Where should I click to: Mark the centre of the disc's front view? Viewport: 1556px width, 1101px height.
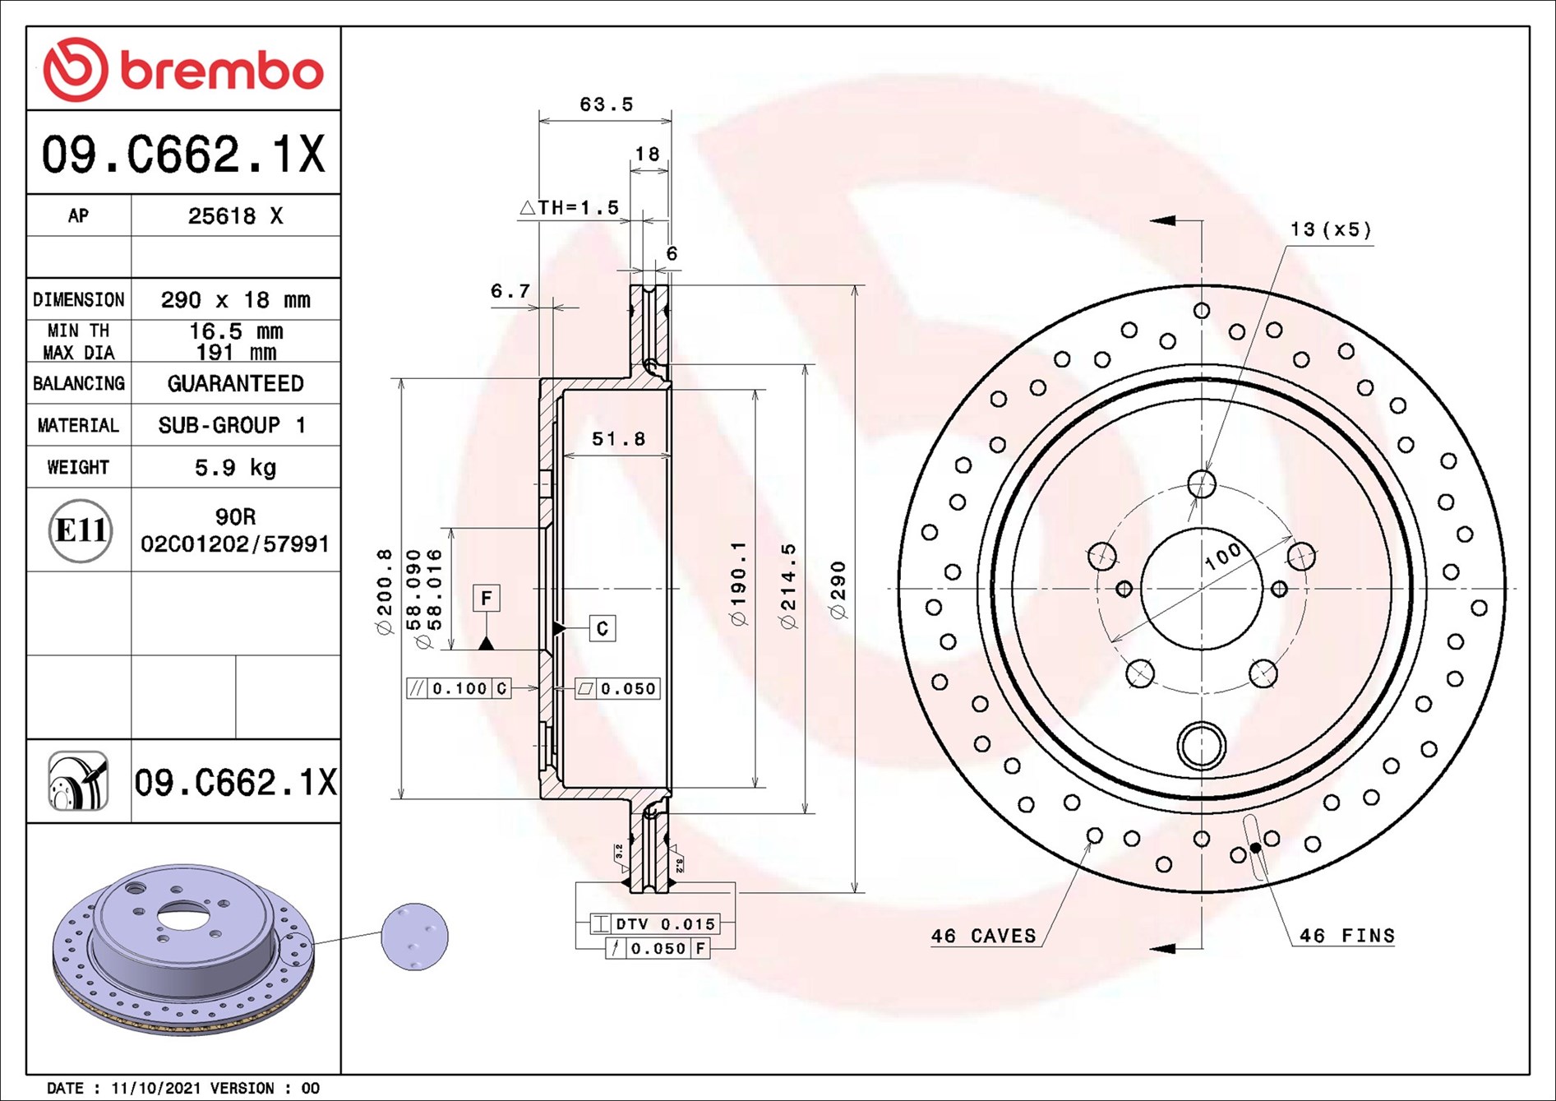(1202, 589)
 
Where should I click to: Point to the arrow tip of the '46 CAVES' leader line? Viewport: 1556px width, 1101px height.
(1091, 841)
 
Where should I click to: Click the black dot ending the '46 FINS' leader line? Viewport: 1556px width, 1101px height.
(1255, 848)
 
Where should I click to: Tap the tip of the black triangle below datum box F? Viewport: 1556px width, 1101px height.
(487, 636)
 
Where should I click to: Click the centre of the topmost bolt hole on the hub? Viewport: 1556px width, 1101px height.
(1202, 483)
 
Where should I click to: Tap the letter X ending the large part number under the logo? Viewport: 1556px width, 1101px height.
(311, 154)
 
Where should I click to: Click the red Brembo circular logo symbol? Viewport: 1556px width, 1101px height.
(75, 69)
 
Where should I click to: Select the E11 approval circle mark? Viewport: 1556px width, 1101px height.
(80, 530)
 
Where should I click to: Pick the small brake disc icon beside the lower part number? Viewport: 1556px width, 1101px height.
(78, 781)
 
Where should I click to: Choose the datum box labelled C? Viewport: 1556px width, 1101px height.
(603, 629)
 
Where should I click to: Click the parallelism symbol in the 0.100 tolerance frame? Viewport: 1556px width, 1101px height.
(417, 688)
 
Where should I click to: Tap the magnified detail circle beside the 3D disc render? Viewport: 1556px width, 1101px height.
(415, 937)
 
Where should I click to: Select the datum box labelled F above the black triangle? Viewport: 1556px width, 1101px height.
(487, 598)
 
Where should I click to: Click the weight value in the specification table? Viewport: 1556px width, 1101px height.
(235, 468)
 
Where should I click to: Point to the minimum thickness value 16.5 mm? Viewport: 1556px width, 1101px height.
(236, 331)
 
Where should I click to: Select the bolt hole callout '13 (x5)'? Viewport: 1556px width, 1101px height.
(1331, 229)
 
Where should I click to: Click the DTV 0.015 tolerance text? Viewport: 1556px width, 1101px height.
(665, 924)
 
